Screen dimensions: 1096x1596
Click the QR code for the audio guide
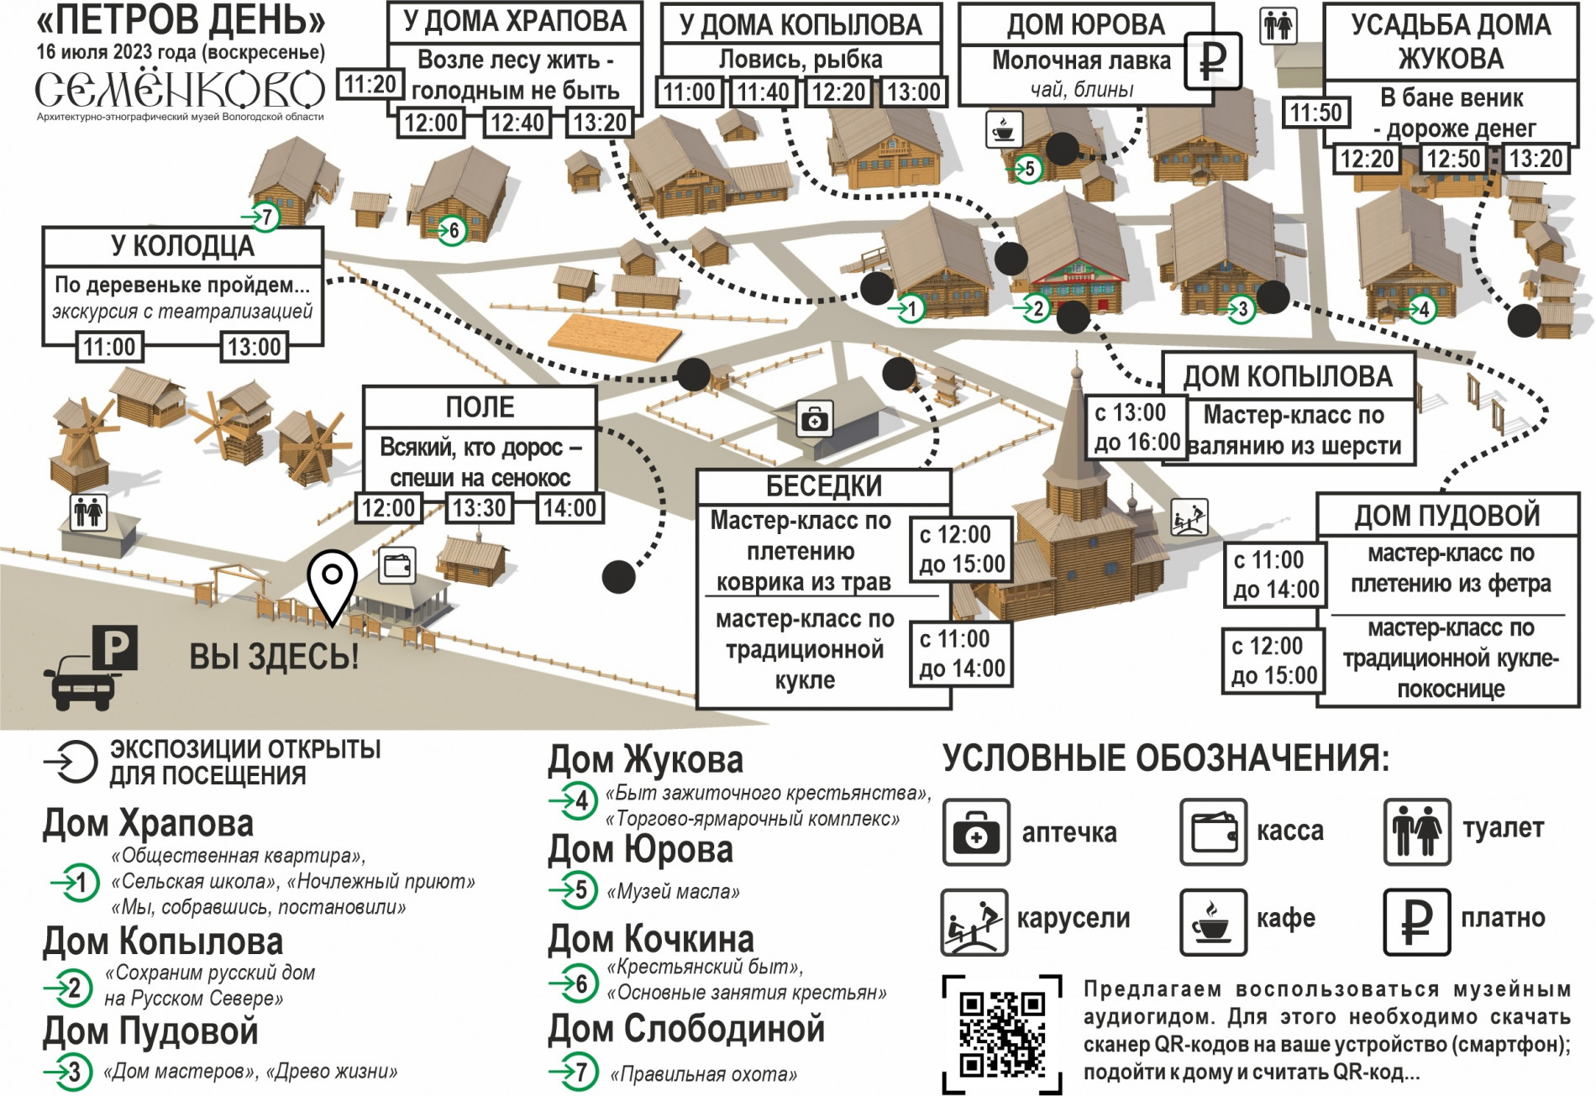coord(1002,1035)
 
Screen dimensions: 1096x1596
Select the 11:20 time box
coord(370,85)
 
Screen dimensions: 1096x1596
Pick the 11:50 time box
coord(1315,113)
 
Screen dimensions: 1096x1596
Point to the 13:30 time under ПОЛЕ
coord(479,508)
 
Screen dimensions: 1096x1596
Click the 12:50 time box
coord(1452,159)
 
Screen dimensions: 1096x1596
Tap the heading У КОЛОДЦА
coord(182,246)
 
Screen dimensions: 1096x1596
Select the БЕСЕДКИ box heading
coord(823,486)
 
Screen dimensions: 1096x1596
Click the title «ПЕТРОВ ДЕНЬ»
coord(181,20)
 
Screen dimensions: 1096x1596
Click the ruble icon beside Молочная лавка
coord(1212,60)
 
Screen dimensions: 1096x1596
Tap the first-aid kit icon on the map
coord(814,418)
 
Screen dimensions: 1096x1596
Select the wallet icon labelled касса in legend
coord(1212,832)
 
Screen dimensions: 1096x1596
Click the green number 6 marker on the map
coord(452,230)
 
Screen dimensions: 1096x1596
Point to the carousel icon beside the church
coord(1189,517)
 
